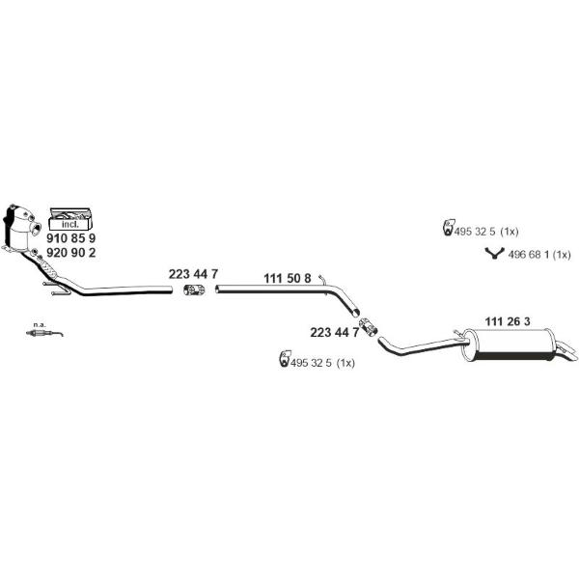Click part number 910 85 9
point(70,238)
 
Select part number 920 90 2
point(70,253)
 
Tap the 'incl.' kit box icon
point(70,219)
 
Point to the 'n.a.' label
point(40,325)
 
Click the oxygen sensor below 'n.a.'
point(44,334)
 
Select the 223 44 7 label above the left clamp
point(193,274)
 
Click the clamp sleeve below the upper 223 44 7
point(194,289)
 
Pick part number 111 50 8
point(288,279)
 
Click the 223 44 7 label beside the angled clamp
point(334,332)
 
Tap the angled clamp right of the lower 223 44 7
point(368,327)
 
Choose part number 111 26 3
point(507,321)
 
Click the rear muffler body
point(510,345)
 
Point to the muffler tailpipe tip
point(567,351)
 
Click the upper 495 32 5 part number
point(474,232)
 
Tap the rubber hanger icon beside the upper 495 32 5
point(448,227)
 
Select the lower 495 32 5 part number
point(311,363)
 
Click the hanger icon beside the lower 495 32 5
point(285,359)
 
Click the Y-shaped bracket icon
point(494,254)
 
